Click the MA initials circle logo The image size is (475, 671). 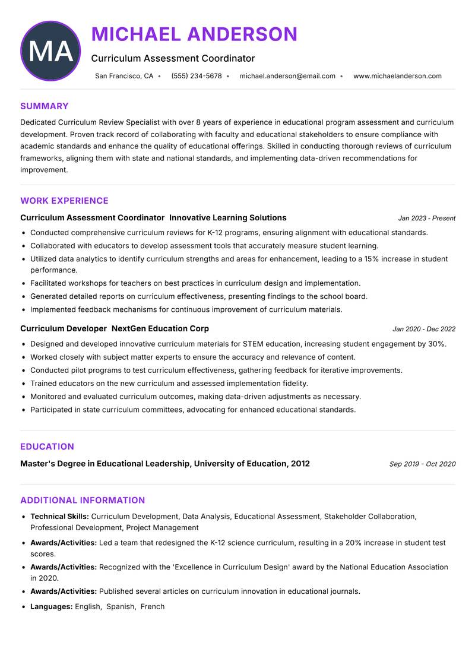pyautogui.click(x=50, y=51)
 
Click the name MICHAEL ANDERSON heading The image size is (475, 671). pyautogui.click(x=194, y=34)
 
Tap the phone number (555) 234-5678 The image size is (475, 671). pyautogui.click(x=196, y=76)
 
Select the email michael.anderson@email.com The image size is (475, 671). pyautogui.click(x=287, y=76)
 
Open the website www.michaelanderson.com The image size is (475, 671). pyautogui.click(x=397, y=76)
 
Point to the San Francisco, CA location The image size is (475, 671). pyautogui.click(x=124, y=76)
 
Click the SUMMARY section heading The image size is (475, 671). pyautogui.click(x=45, y=106)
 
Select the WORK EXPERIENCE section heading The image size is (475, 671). pyautogui.click(x=64, y=201)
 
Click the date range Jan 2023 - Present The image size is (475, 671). pyautogui.click(x=426, y=219)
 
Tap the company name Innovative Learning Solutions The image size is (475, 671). pyautogui.click(x=232, y=218)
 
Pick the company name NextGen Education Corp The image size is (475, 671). pyautogui.click(x=160, y=328)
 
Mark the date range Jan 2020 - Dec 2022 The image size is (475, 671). pyautogui.click(x=424, y=329)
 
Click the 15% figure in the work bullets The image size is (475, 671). pyautogui.click(x=373, y=259)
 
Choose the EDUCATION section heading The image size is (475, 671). pyautogui.click(x=47, y=447)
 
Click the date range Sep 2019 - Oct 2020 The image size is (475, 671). pyautogui.click(x=422, y=464)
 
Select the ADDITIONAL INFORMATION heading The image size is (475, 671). pyautogui.click(x=83, y=500)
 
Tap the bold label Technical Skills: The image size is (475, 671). pyautogui.click(x=59, y=517)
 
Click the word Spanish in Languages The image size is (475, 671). pyautogui.click(x=121, y=607)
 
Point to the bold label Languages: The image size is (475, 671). pyautogui.click(x=52, y=607)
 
